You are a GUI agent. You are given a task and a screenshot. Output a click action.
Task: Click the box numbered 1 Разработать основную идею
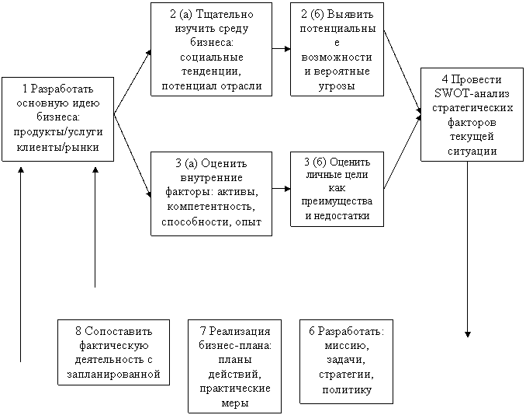(x=57, y=118)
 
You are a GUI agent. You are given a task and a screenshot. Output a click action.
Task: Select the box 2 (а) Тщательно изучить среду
(x=211, y=48)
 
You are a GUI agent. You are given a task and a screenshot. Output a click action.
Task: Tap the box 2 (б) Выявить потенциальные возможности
(x=336, y=48)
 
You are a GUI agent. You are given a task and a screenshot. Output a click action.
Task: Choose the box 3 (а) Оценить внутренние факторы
(x=211, y=193)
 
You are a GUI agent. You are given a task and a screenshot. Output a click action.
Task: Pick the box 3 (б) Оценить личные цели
(x=336, y=189)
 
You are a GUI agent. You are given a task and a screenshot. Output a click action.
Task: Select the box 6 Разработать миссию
(x=346, y=361)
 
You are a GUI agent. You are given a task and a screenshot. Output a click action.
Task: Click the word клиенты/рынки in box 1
(x=57, y=147)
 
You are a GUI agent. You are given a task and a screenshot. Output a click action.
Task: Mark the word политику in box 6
(x=346, y=389)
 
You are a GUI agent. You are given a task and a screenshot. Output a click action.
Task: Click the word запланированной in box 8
(x=113, y=374)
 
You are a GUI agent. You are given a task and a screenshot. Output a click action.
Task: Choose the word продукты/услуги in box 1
(x=57, y=133)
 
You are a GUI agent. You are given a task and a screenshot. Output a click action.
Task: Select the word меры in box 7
(x=234, y=403)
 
